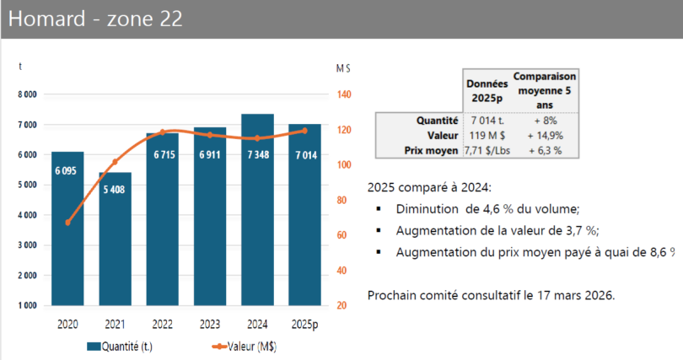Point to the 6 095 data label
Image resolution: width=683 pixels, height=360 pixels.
point(67,171)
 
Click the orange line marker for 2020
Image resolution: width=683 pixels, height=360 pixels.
point(67,223)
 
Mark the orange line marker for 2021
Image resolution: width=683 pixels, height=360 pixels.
point(115,162)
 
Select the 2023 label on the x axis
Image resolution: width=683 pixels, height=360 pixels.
point(210,323)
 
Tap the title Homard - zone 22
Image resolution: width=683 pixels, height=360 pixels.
point(94,19)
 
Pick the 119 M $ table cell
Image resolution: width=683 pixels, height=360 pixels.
point(487,135)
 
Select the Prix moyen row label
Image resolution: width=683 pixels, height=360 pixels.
point(431,149)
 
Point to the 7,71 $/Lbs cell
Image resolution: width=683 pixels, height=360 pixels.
point(487,149)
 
